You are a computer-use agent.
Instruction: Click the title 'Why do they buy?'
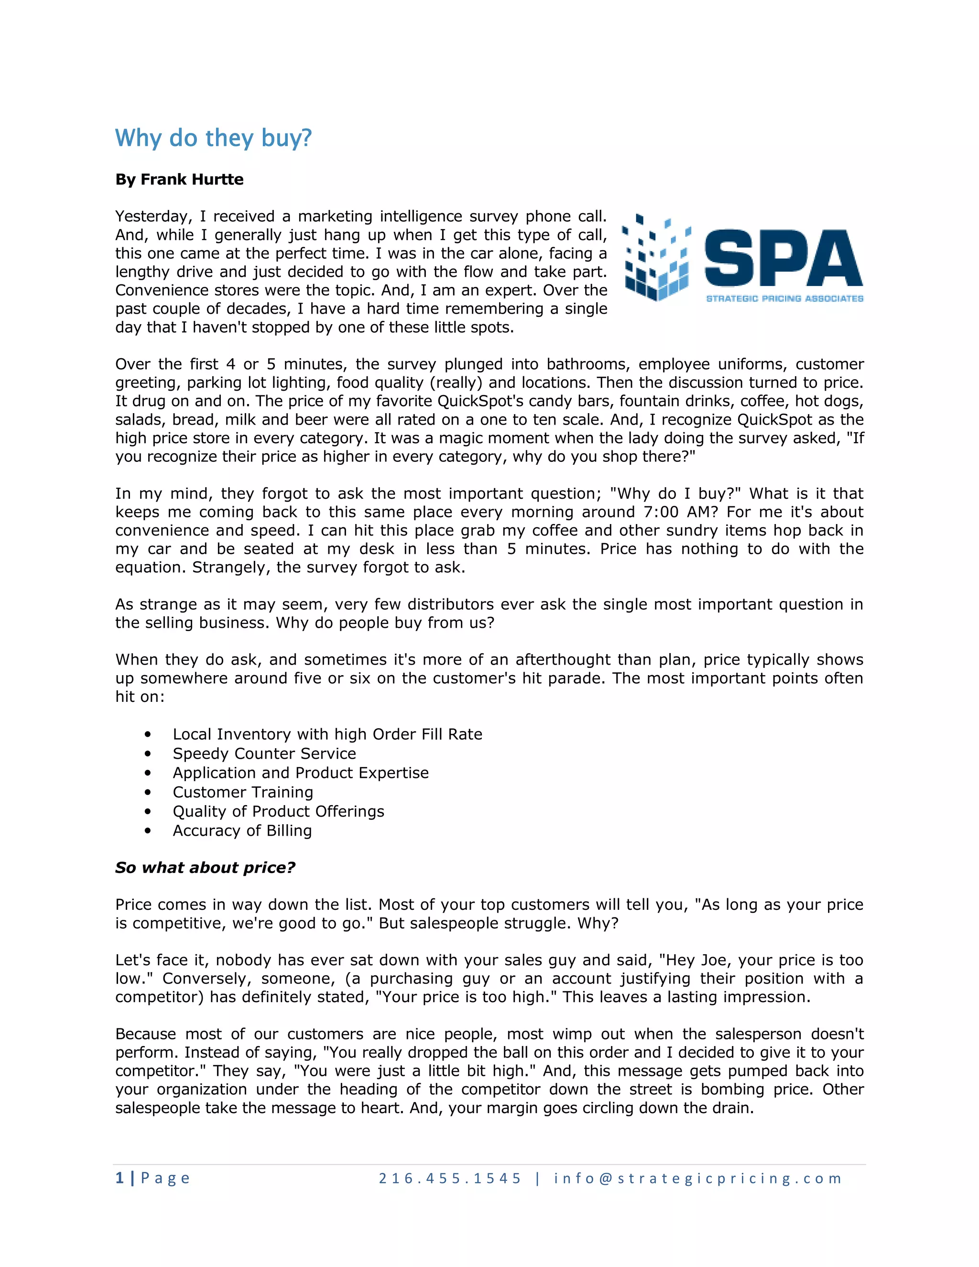tap(213, 138)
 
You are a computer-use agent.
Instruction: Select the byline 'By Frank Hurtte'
tap(179, 179)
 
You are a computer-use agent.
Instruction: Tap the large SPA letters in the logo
tap(783, 259)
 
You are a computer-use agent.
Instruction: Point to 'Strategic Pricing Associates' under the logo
tap(784, 298)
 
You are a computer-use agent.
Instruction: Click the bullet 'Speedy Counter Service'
tap(264, 754)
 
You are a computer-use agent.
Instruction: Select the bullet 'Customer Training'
tap(242, 792)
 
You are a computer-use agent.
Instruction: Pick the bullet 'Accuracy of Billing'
tap(242, 831)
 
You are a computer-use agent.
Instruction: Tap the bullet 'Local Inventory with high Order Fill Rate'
tap(327, 734)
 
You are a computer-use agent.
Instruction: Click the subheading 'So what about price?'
tap(205, 868)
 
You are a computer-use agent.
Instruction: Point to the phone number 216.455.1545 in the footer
tap(450, 1178)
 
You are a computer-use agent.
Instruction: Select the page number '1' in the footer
tap(120, 1178)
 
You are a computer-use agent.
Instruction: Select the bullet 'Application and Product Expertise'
tap(300, 773)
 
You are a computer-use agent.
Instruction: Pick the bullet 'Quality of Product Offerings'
tap(278, 812)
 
